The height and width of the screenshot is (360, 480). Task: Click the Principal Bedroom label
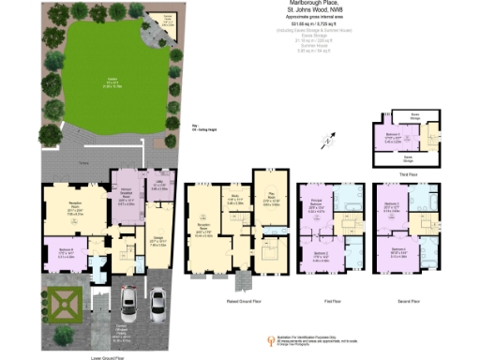point(317,207)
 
